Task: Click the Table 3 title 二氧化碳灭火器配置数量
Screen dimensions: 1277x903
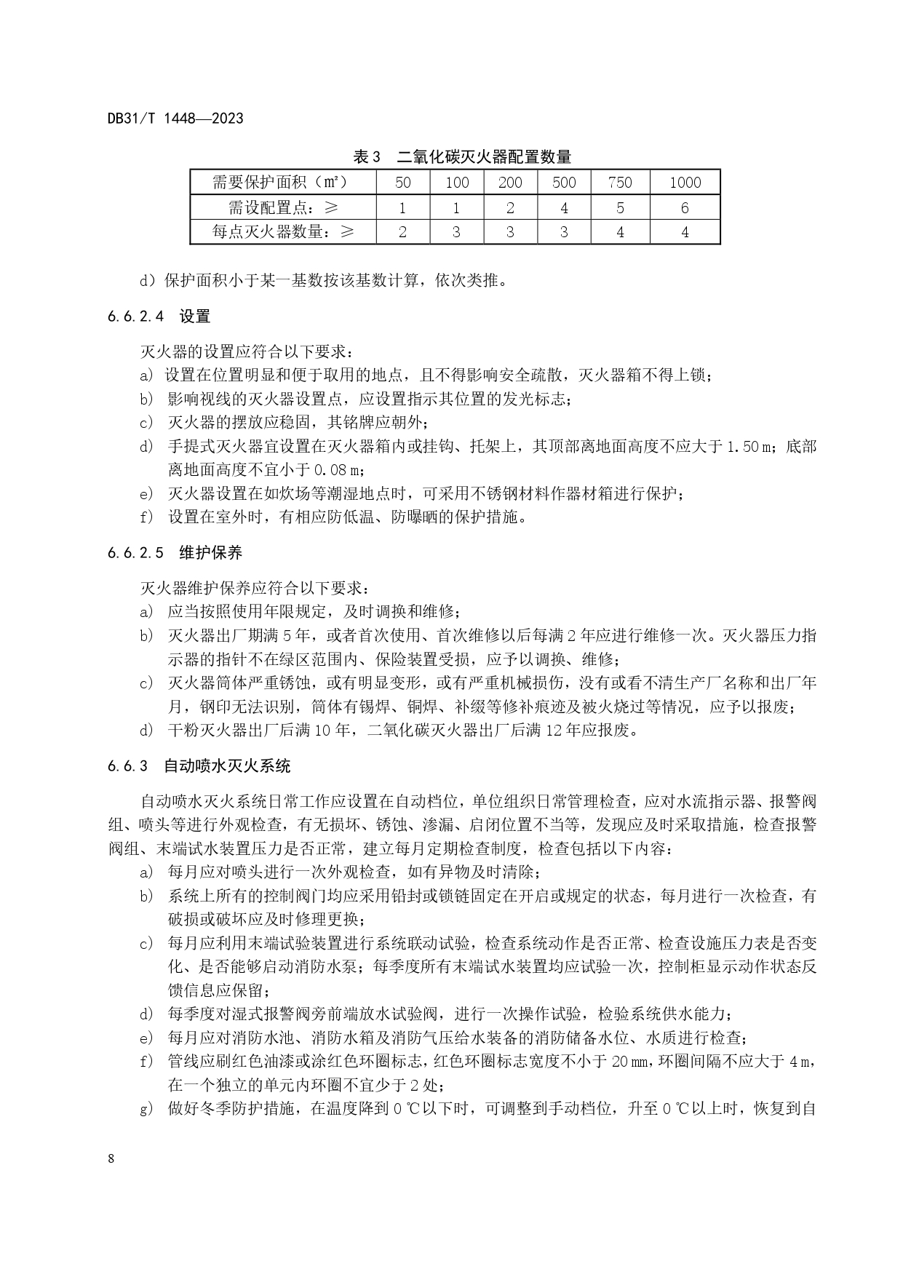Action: coord(484,156)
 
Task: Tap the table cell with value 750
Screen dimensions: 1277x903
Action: coord(620,183)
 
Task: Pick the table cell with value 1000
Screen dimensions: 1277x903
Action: coord(685,183)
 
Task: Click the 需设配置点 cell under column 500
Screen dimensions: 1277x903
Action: coord(564,208)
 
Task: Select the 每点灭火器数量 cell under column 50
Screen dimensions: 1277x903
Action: coord(402,233)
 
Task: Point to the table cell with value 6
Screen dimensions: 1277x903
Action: coord(685,208)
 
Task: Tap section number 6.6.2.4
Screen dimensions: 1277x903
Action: coord(136,317)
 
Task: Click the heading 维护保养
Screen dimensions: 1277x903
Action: coord(211,553)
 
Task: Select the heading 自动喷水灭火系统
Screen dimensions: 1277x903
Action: coord(227,765)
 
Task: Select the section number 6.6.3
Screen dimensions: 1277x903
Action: coord(128,765)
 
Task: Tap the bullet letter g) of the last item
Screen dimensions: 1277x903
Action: coord(146,1110)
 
